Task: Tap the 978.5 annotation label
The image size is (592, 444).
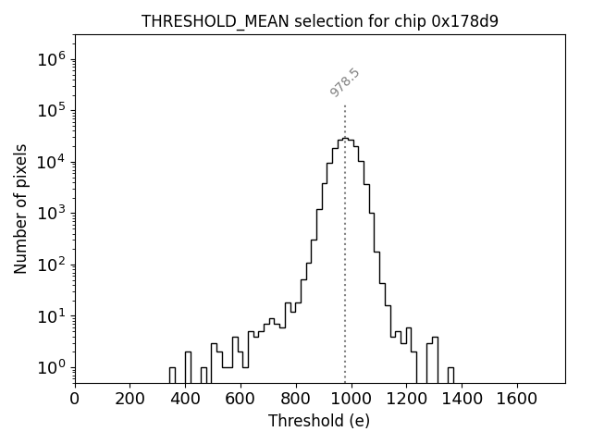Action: [344, 82]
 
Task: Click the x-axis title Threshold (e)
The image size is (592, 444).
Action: [319, 421]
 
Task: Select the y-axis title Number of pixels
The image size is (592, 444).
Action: [21, 209]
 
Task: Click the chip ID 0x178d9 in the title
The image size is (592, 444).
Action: [464, 21]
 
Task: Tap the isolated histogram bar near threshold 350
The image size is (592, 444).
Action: [172, 375]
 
